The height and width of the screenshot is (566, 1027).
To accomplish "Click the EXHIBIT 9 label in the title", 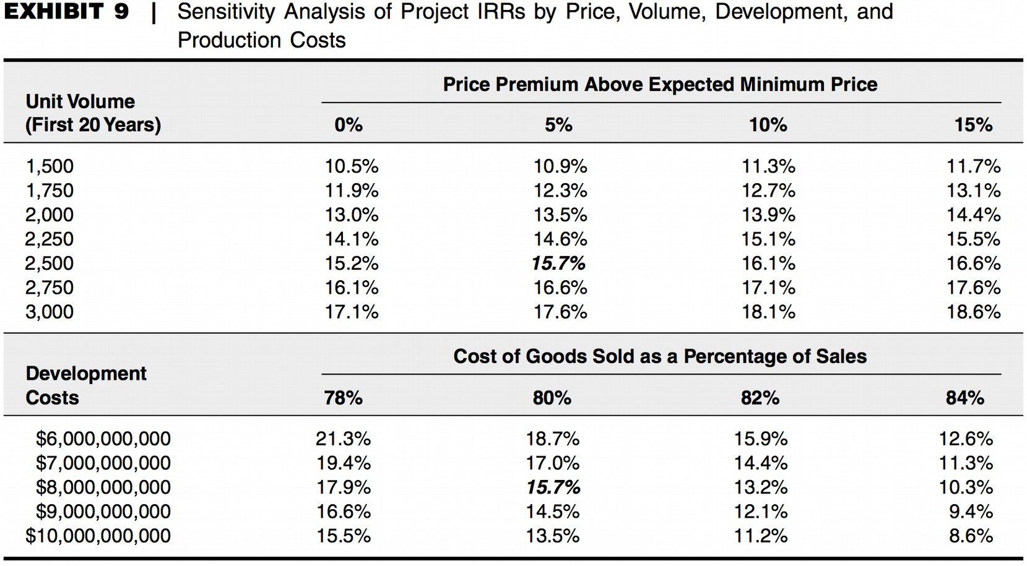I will (66, 12).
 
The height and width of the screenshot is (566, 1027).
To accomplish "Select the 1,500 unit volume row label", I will (49, 166).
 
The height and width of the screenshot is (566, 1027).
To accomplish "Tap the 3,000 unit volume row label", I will (49, 312).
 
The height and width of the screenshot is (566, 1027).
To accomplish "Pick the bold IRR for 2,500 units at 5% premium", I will (558, 264).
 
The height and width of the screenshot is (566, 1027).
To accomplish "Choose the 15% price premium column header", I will (973, 125).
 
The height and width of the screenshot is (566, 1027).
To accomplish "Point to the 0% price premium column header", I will (349, 125).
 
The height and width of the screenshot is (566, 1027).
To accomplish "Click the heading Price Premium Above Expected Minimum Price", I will (660, 84).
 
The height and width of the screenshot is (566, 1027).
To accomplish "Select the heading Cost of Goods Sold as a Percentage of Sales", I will (660, 356).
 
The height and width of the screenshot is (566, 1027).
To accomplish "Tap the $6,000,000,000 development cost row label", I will (103, 439).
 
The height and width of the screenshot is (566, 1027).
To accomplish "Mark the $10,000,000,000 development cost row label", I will (98, 536).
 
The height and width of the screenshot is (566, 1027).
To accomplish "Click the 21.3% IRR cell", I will (343, 439).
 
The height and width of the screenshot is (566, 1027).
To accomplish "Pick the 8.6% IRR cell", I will (971, 536).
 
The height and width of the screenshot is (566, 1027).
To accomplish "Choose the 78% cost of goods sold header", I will (343, 398).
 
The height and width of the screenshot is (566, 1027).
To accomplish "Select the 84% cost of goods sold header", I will (964, 398).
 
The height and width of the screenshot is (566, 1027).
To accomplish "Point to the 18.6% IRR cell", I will (973, 312).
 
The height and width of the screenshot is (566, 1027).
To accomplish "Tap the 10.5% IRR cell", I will (352, 166).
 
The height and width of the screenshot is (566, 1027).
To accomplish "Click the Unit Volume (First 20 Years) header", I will (93, 113).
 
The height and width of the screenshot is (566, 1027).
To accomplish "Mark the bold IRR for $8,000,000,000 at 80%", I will (553, 487).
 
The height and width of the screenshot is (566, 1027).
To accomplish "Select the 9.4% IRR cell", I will (971, 512).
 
